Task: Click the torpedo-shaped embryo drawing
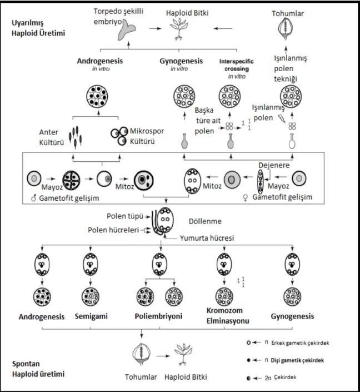[126, 31]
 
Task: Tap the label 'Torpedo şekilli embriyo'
[118, 16]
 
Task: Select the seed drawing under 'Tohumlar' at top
[286, 29]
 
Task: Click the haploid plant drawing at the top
[179, 29]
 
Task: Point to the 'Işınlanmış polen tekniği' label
[291, 68]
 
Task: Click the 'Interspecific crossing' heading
[236, 64]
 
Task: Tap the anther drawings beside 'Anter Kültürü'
[76, 137]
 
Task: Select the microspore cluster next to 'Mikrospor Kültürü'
[119, 136]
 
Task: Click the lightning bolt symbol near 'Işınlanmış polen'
[282, 118]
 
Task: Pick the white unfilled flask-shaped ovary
[292, 141]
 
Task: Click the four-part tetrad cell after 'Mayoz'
[72, 180]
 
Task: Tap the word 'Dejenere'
[274, 165]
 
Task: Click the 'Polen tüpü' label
[125, 216]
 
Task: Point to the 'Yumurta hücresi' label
[207, 238]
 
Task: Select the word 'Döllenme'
[205, 221]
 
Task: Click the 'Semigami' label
[91, 316]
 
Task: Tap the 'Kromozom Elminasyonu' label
[228, 315]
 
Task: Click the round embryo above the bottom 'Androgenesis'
[42, 297]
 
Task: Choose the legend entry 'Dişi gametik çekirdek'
[297, 360]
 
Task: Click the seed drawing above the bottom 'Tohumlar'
[142, 355]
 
